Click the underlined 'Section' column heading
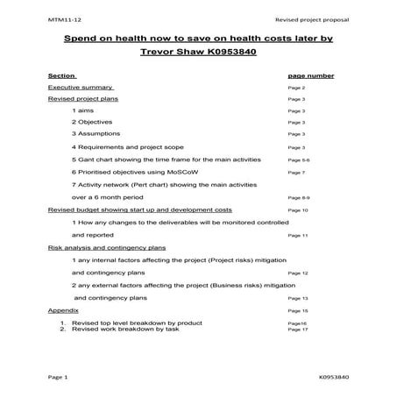tap(60, 76)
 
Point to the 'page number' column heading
tap(310, 76)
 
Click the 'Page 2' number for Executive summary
tap(296, 89)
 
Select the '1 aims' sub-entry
tap(84, 111)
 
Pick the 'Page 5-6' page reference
tap(299, 161)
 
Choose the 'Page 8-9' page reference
tap(299, 198)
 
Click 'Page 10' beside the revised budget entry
tap(298, 211)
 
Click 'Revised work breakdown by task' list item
tap(125, 329)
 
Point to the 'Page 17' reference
tap(298, 329)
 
